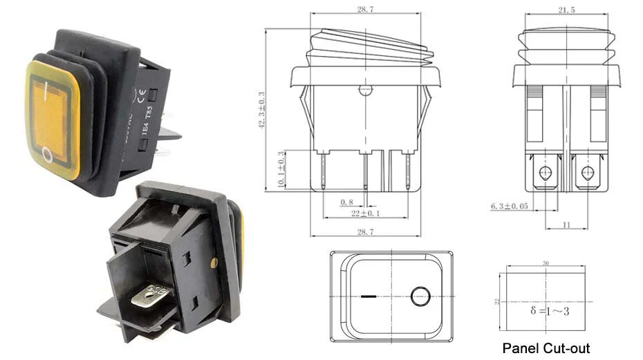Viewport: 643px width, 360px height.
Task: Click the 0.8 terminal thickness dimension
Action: pos(347,202)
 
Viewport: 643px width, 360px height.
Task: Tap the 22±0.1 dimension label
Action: pos(361,214)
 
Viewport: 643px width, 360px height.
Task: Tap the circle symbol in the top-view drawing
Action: pos(420,297)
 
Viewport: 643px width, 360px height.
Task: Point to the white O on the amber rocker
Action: pos(47,154)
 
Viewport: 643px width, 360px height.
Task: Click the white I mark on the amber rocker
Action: pos(46,88)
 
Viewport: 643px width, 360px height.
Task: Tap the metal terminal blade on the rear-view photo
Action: pos(152,300)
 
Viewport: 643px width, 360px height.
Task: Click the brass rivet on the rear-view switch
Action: pos(213,262)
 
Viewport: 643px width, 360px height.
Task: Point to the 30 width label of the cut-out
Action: pos(546,264)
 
